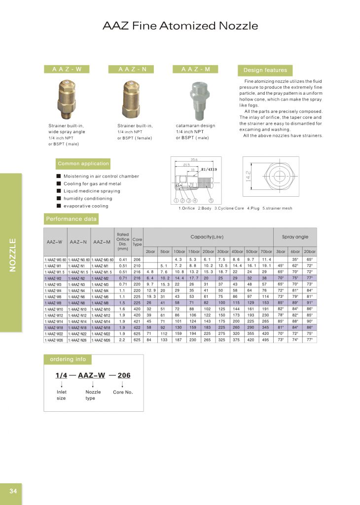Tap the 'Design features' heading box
click(x=265, y=70)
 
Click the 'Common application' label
click(x=83, y=164)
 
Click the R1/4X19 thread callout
click(x=209, y=170)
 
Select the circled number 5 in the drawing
click(x=211, y=201)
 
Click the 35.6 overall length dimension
click(x=194, y=160)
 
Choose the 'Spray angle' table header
click(x=295, y=237)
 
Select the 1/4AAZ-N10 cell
click(x=78, y=309)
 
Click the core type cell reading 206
click(x=137, y=259)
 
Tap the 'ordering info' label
click(x=68, y=359)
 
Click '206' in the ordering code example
click(x=124, y=375)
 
